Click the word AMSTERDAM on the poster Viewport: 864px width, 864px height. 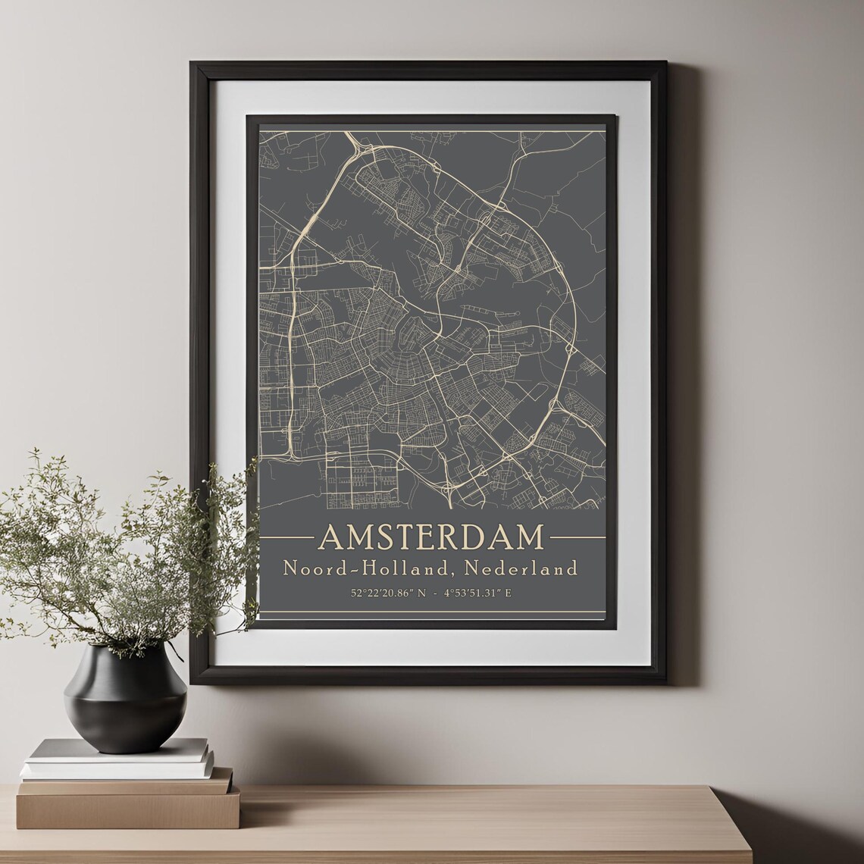[431, 537]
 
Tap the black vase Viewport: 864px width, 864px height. [125, 697]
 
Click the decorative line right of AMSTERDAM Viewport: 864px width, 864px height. [577, 537]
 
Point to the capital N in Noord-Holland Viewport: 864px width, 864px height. [290, 567]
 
